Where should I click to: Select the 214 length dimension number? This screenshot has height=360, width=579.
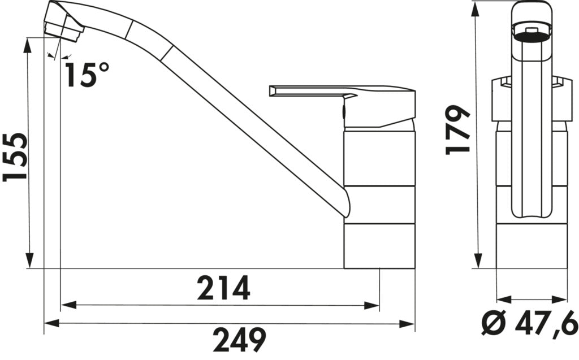pyautogui.click(x=223, y=289)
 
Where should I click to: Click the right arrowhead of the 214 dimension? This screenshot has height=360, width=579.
pyautogui.click(x=373, y=306)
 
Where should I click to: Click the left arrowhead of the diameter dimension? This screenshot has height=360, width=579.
pyautogui.click(x=502, y=298)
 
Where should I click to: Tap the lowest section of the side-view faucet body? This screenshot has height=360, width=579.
pyautogui.click(x=379, y=246)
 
